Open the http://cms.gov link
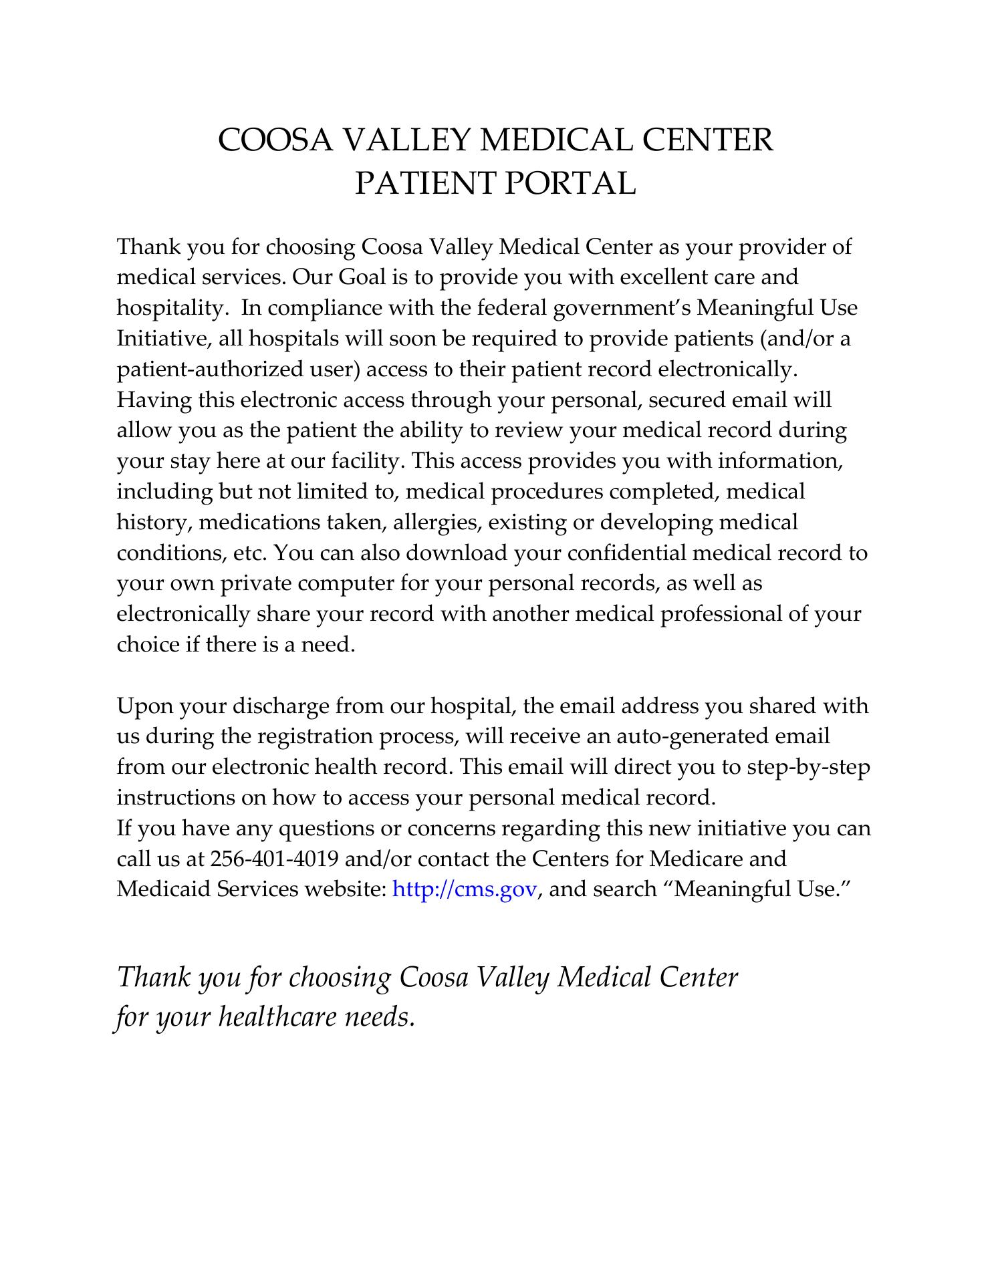pos(465,889)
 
